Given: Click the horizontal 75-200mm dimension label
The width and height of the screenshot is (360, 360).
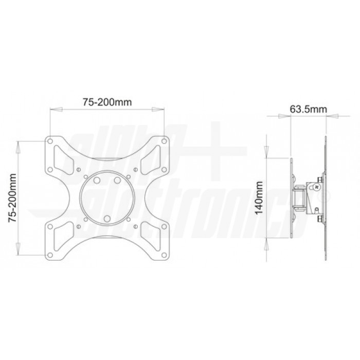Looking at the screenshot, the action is click(107, 102).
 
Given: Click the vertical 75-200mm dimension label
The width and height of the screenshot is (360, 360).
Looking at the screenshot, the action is click(12, 198).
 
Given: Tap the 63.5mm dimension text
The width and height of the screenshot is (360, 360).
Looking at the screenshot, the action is click(308, 109).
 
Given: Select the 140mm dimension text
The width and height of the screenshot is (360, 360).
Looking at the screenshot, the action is click(259, 198).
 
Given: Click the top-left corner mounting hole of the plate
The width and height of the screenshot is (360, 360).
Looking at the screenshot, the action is click(50, 141).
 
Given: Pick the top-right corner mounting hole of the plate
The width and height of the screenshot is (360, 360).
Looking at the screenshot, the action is click(164, 141).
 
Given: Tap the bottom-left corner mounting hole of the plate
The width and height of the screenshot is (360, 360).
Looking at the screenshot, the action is click(50, 255).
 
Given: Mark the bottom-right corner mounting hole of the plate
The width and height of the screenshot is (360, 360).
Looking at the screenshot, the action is click(164, 255).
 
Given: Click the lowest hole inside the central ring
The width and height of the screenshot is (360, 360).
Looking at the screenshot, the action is click(107, 219).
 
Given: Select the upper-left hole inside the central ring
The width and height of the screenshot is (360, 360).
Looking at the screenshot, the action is click(97, 180).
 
